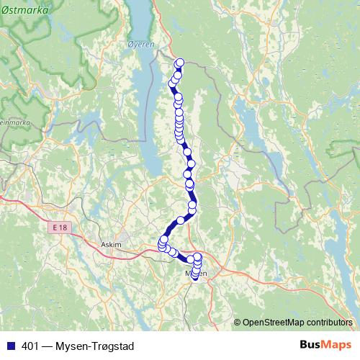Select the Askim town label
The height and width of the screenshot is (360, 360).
point(112,245)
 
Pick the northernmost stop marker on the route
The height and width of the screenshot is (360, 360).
point(179,62)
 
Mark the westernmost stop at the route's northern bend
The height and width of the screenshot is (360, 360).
point(172,84)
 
